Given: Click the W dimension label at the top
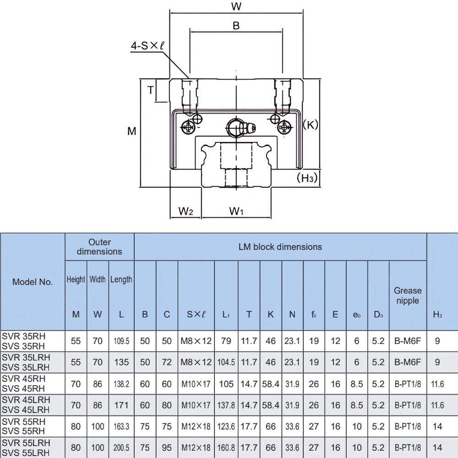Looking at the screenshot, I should click(x=236, y=6).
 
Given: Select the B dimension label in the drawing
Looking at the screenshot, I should click(x=236, y=26).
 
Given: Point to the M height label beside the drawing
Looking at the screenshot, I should click(x=132, y=131).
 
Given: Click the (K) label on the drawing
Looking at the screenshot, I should click(x=311, y=125).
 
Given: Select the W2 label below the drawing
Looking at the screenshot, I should click(x=185, y=211).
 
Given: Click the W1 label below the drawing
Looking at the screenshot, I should click(x=236, y=211).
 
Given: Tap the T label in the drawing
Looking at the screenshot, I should click(x=150, y=90).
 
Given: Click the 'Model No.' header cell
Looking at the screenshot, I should click(x=33, y=282).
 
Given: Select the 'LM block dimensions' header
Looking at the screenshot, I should click(x=280, y=247).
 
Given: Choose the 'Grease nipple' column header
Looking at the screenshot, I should click(x=408, y=295).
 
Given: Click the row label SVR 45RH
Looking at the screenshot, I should click(x=24, y=379).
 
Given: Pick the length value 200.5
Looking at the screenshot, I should click(x=121, y=448).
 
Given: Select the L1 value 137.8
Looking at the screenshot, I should click(x=226, y=405).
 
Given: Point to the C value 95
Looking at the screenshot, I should click(x=167, y=448).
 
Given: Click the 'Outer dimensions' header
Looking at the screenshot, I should click(x=99, y=247).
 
